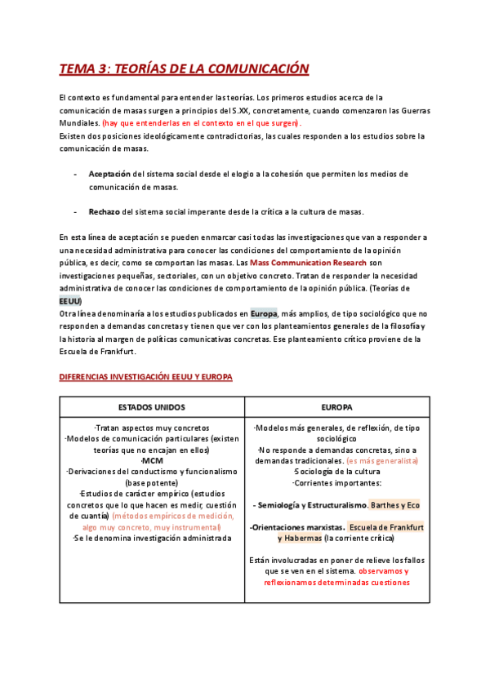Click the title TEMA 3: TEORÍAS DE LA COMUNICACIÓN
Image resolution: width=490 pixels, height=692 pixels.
pyautogui.click(x=184, y=69)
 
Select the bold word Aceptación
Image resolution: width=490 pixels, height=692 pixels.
pyautogui.click(x=109, y=174)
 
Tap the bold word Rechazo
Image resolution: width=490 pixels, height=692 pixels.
pyautogui.click(x=104, y=211)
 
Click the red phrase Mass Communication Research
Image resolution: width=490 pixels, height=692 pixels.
pyautogui.click(x=304, y=263)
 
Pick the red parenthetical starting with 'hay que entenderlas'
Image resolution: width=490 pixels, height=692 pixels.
pyautogui.click(x=201, y=122)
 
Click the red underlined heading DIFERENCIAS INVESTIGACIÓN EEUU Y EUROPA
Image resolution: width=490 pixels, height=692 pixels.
pyautogui.click(x=146, y=377)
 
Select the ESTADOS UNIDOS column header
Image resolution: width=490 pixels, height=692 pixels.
pyautogui.click(x=151, y=406)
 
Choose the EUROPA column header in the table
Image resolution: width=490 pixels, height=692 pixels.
pyautogui.click(x=336, y=406)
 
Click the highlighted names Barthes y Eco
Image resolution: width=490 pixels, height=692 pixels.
pyautogui.click(x=395, y=504)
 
